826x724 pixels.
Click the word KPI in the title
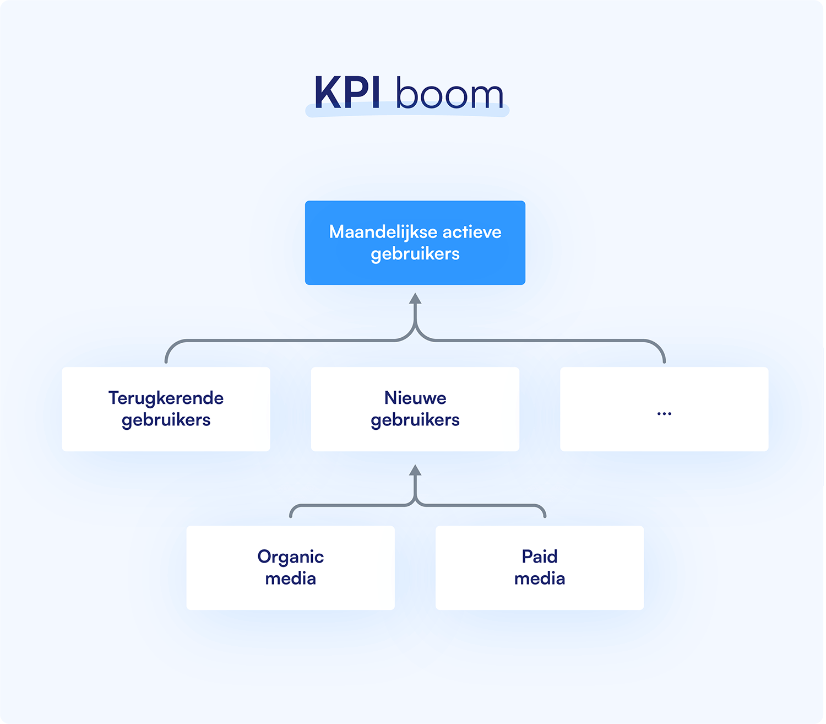(x=347, y=93)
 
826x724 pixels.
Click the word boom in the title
(x=449, y=94)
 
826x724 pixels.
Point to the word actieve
(x=472, y=232)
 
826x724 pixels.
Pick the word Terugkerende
(x=166, y=398)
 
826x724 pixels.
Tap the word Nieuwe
(x=415, y=398)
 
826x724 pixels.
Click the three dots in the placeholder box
(x=664, y=413)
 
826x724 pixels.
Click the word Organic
(x=290, y=557)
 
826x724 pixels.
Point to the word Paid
(x=540, y=556)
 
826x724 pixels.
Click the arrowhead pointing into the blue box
(x=415, y=299)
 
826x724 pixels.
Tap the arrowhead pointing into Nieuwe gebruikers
(x=415, y=471)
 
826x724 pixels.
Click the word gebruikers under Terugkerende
(x=166, y=420)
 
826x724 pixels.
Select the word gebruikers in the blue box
(x=415, y=255)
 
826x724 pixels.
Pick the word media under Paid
(x=540, y=579)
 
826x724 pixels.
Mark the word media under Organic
(x=290, y=579)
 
